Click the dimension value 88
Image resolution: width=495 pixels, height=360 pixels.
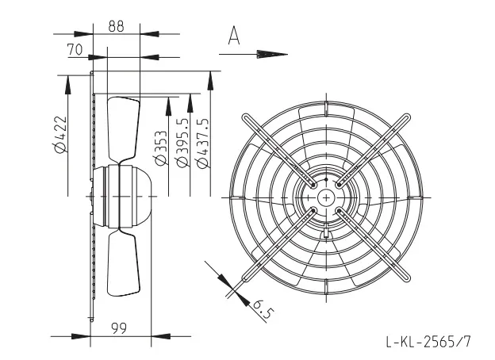pyautogui.click(x=116, y=26)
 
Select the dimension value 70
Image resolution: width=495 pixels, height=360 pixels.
pyautogui.click(x=75, y=50)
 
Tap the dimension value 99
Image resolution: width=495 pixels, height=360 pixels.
pyautogui.click(x=119, y=328)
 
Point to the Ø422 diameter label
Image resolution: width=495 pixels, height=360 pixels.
pyautogui.click(x=60, y=134)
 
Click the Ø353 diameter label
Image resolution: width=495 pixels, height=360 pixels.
pyautogui.click(x=161, y=148)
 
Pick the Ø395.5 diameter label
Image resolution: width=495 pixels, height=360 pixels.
pyautogui.click(x=183, y=142)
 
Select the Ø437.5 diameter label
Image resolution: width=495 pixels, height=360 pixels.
pyautogui.click(x=202, y=144)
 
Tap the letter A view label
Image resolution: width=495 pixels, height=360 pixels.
pyautogui.click(x=234, y=36)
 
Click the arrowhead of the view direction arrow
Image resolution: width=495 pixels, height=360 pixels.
pyautogui.click(x=272, y=54)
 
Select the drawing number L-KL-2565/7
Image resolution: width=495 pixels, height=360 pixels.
pyautogui.click(x=428, y=342)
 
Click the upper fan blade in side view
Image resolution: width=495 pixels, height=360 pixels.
pyautogui.click(x=124, y=130)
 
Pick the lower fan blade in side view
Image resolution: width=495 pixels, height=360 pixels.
pyautogui.click(x=124, y=262)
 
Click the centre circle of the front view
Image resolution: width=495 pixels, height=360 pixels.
pyautogui.click(x=326, y=197)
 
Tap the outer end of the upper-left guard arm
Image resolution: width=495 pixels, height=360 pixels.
pyautogui.click(x=246, y=117)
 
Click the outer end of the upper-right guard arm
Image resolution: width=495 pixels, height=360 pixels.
pyautogui.click(x=406, y=117)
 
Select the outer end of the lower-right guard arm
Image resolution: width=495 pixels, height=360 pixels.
pyautogui.click(x=406, y=278)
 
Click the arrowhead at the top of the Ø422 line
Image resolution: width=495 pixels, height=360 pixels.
pyautogui.click(x=68, y=85)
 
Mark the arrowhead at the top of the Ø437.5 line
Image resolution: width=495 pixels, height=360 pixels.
pyautogui.click(x=210, y=81)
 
